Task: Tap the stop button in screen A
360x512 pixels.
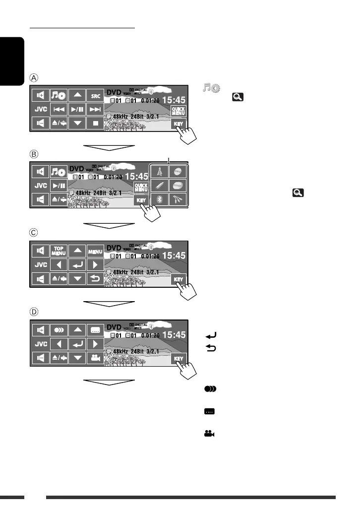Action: coord(95,122)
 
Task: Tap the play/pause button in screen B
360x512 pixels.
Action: coord(59,186)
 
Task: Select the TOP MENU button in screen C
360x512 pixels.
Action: coord(59,251)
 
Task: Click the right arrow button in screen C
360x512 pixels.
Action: coord(95,264)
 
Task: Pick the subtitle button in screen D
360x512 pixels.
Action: coord(95,329)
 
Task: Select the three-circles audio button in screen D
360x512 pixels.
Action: coord(59,329)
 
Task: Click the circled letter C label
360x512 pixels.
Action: coord(34,233)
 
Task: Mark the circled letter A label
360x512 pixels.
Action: coord(34,78)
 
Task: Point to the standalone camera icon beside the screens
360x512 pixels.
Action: coord(209,433)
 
